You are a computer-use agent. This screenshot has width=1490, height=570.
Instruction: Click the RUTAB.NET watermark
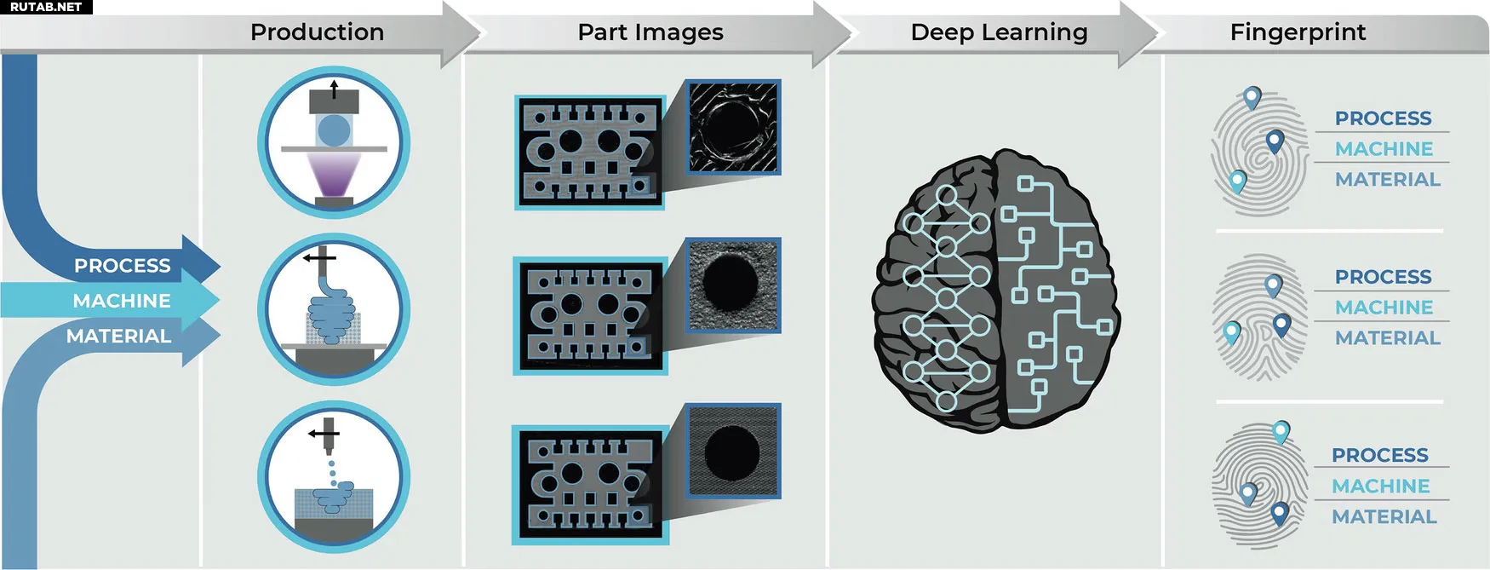pyautogui.click(x=46, y=7)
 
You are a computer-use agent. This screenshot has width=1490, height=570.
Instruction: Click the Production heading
pyautogui.click(x=317, y=32)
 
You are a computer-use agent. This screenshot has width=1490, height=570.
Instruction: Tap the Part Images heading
pyautogui.click(x=650, y=32)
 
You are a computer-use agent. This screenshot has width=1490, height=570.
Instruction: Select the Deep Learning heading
pyautogui.click(x=999, y=32)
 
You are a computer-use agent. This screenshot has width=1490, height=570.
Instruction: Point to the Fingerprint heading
pyautogui.click(x=1298, y=32)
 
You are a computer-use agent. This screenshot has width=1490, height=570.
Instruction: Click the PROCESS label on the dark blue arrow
pyautogui.click(x=122, y=266)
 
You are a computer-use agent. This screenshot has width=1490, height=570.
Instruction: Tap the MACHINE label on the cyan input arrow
pyautogui.click(x=122, y=301)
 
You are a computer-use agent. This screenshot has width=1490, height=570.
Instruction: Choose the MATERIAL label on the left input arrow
pyautogui.click(x=118, y=336)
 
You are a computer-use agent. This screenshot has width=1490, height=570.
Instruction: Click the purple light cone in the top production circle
pyautogui.click(x=334, y=174)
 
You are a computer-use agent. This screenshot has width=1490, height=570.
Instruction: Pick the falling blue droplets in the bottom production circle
pyautogui.click(x=332, y=469)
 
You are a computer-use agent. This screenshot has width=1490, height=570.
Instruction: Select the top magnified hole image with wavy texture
pyautogui.click(x=733, y=128)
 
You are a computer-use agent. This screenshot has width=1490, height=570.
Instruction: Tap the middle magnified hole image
pyautogui.click(x=733, y=285)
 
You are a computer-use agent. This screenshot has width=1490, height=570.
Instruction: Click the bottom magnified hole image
pyautogui.click(x=733, y=451)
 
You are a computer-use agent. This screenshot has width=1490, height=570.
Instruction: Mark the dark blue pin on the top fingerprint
pyautogui.click(x=1275, y=141)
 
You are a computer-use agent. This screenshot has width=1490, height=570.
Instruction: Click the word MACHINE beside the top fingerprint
pyautogui.click(x=1384, y=149)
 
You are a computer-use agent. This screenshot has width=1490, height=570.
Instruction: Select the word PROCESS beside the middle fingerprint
pyautogui.click(x=1383, y=277)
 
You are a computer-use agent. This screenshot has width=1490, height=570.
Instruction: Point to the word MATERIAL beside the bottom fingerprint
pyautogui.click(x=1384, y=516)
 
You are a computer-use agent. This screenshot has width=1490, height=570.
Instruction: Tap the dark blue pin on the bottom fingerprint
pyautogui.click(x=1279, y=513)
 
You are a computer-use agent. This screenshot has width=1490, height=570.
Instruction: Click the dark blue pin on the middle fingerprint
pyautogui.click(x=1281, y=325)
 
